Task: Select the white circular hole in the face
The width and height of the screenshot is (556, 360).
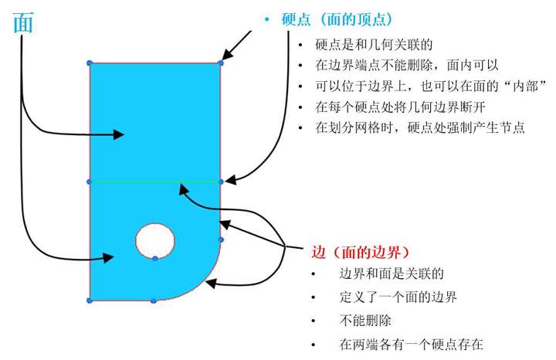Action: [155, 239]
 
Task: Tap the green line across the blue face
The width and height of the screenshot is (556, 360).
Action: [154, 182]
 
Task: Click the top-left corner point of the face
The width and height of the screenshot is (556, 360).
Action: [90, 63]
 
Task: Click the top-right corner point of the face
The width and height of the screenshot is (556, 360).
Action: [221, 63]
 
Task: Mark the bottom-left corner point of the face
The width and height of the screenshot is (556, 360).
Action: [90, 300]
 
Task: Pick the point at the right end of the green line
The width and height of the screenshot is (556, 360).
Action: [221, 182]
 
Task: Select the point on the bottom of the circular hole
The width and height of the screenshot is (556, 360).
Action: [155, 257]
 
